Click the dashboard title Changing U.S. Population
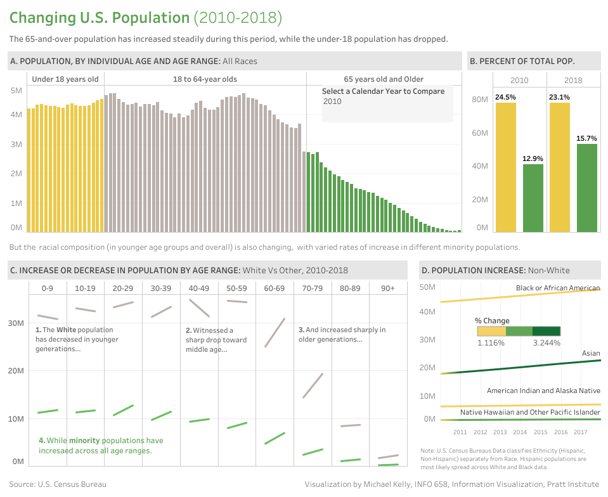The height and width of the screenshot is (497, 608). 100,18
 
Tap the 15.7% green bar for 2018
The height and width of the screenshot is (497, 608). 586,188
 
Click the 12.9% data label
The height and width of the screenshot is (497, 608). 533,158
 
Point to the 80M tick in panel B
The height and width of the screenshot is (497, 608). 479,100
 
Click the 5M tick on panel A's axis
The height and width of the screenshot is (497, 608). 16,91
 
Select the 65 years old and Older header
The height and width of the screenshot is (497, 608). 384,79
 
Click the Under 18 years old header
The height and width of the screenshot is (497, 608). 65,79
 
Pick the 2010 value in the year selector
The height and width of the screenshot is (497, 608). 332,101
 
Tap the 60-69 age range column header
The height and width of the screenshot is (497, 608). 275,288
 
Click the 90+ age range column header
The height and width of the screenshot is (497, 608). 387,288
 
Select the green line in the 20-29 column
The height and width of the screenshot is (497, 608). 123,410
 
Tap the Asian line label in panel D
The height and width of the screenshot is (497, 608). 590,354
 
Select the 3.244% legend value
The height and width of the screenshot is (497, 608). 546,342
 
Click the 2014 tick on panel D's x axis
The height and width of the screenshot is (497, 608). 520,432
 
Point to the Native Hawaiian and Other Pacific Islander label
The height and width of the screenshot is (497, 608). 530,412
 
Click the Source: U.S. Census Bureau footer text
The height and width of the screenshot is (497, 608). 58,484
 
